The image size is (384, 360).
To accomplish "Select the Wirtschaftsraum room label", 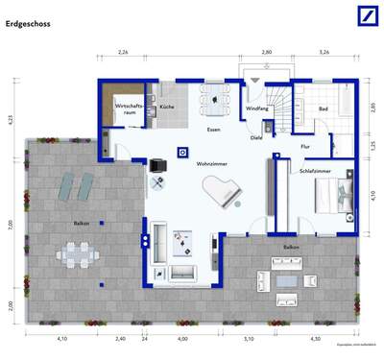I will point(127,108).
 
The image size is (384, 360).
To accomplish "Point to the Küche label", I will point(167,108).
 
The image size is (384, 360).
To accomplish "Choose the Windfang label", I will point(256,109).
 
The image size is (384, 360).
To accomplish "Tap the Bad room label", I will point(324,108).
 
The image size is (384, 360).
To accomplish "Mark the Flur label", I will point(305,146).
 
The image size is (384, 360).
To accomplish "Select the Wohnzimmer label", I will point(212,164).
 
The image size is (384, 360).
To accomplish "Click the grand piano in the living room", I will point(227,192).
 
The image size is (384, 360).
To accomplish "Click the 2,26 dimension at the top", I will point(123,53).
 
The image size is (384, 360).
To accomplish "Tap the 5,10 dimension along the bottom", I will point(248,338).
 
